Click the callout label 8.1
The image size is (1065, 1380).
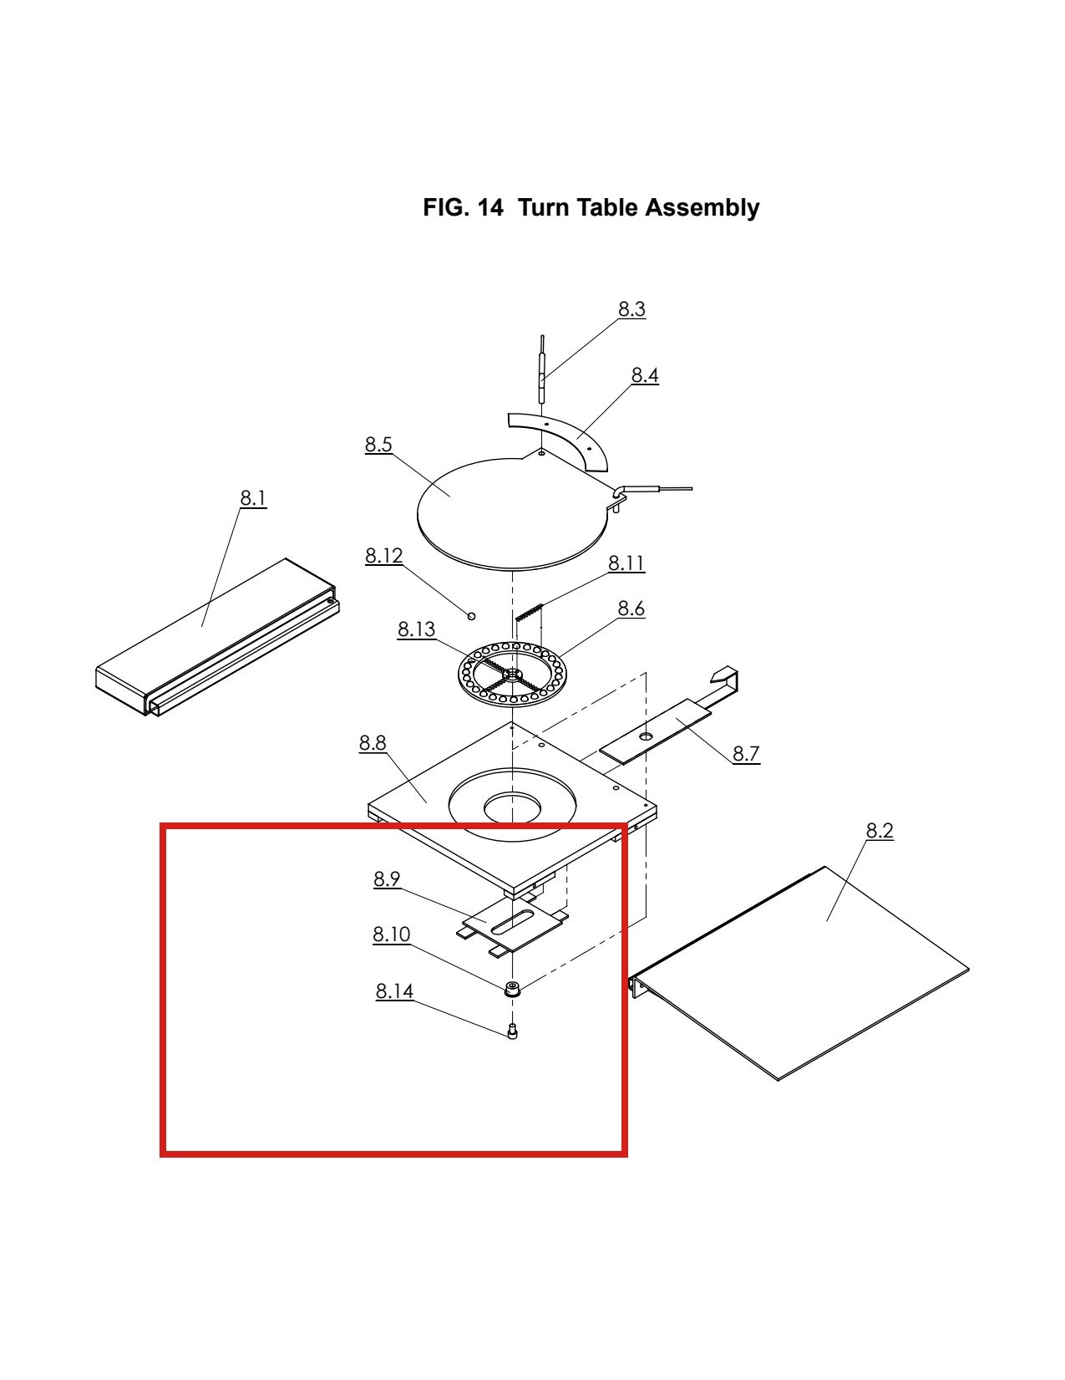point(252,498)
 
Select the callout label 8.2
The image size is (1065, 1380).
point(880,830)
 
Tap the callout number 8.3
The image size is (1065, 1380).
point(632,308)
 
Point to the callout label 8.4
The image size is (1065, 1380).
point(645,374)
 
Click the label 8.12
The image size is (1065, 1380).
point(384,556)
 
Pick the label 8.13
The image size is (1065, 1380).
point(416,629)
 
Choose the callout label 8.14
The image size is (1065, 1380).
point(394,990)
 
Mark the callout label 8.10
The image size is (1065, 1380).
point(391,934)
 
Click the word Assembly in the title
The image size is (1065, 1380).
point(702,207)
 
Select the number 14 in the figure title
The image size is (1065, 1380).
point(490,207)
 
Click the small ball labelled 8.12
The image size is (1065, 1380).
point(471,615)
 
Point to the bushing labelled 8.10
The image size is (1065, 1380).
point(511,989)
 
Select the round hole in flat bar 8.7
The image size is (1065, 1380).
point(646,736)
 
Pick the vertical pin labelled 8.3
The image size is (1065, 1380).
point(541,369)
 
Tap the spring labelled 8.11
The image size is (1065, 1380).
point(530,612)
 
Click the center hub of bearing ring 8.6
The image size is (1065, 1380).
point(511,673)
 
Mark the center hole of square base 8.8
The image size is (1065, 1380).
point(513,807)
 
